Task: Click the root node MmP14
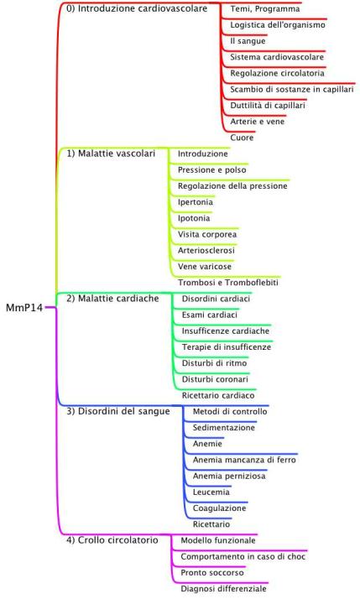(24, 308)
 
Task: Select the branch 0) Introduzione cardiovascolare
(137, 8)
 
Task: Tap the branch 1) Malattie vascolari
(111, 154)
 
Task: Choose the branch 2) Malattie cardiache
(112, 299)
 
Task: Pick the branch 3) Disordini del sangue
(118, 411)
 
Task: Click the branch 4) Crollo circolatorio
(112, 539)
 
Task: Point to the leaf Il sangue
(248, 41)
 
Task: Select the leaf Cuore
(242, 138)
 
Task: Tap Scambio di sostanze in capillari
(292, 90)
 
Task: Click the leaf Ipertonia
(196, 202)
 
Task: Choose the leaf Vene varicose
(205, 266)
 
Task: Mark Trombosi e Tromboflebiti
(228, 283)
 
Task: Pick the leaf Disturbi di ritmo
(214, 363)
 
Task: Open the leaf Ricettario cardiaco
(218, 395)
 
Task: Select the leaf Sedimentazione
(223, 428)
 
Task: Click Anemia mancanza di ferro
(244, 460)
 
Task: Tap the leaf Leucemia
(211, 492)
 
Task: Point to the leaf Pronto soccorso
(212, 572)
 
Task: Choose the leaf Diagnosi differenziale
(223, 589)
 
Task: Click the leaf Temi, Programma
(265, 8)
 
